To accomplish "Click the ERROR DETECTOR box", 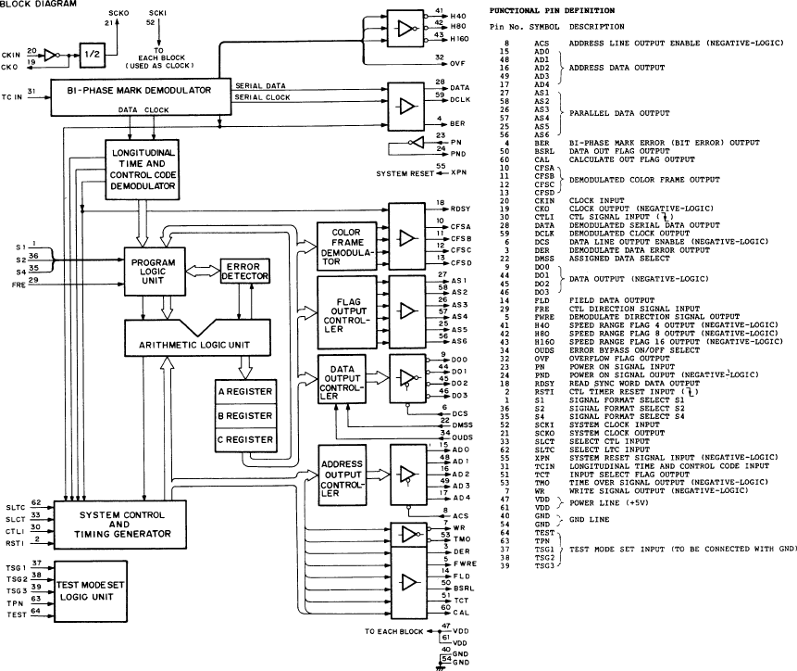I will point(243,270).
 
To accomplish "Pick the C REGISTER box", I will point(245,439).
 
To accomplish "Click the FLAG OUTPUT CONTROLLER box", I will point(342,310).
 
